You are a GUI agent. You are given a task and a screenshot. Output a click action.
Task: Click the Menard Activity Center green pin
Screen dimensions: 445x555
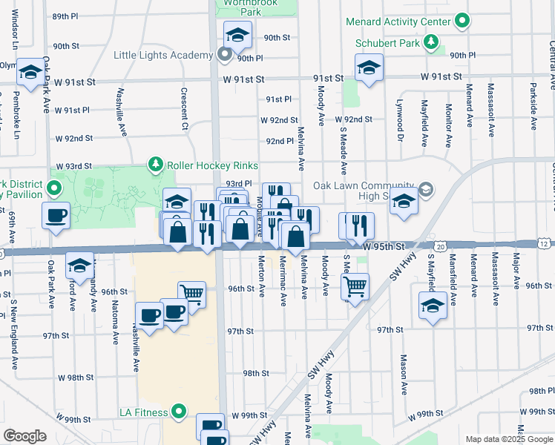click(x=462, y=22)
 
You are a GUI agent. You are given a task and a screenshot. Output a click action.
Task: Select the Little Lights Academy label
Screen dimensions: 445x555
click(x=162, y=55)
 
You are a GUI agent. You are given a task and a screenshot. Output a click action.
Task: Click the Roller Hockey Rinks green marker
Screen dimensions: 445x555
click(x=155, y=165)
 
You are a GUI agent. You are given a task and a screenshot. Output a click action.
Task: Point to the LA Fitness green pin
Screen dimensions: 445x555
click(x=179, y=411)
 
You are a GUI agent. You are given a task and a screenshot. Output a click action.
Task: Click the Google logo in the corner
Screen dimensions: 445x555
click(x=24, y=436)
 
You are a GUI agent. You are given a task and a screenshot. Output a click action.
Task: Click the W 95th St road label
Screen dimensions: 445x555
click(x=382, y=245)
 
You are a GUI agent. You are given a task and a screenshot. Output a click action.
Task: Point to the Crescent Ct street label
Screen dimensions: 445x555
click(x=185, y=108)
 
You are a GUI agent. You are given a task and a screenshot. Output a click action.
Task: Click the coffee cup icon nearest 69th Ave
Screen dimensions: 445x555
click(x=56, y=216)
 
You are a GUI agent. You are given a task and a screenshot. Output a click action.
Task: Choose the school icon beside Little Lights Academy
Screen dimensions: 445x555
click(x=237, y=34)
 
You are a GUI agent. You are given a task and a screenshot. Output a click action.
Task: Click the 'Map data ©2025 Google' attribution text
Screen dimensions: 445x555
click(x=508, y=439)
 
